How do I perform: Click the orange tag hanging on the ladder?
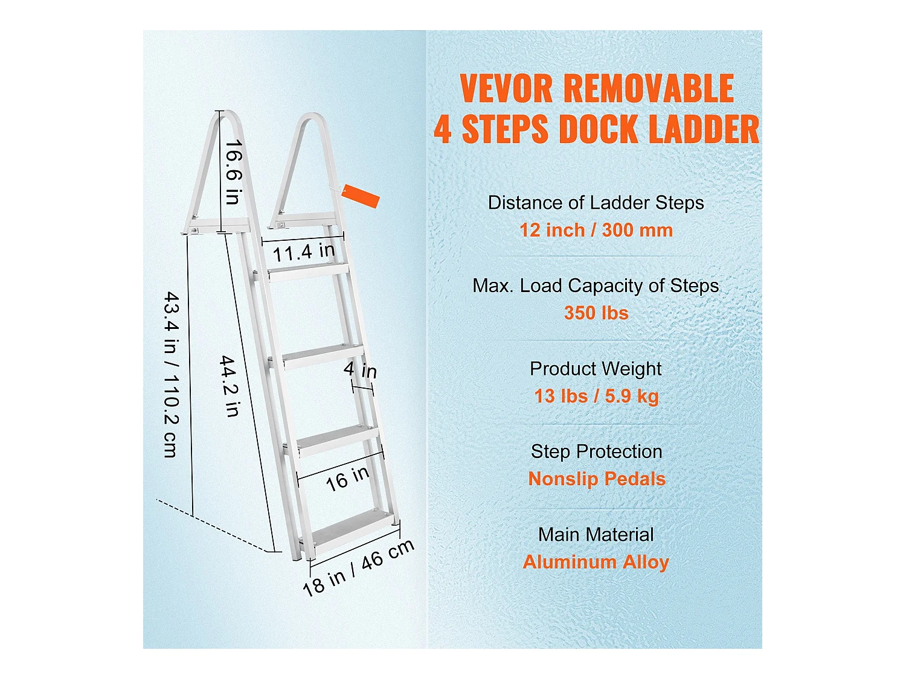(361, 196)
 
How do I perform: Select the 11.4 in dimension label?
(303, 251)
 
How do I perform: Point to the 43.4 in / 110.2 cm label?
(172, 374)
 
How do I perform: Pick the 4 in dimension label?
(360, 369)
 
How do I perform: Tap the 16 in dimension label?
(347, 478)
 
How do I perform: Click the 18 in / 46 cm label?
(358, 567)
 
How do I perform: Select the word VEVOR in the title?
(506, 89)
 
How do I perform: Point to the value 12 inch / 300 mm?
(596, 230)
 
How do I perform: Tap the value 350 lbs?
(596, 313)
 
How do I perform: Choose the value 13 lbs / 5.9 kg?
(596, 396)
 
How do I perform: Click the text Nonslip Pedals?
(596, 479)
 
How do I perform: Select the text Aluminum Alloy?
(596, 562)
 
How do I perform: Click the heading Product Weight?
(596, 369)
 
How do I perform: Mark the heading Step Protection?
(596, 451)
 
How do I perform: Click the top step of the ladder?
(308, 272)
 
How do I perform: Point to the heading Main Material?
(596, 535)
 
